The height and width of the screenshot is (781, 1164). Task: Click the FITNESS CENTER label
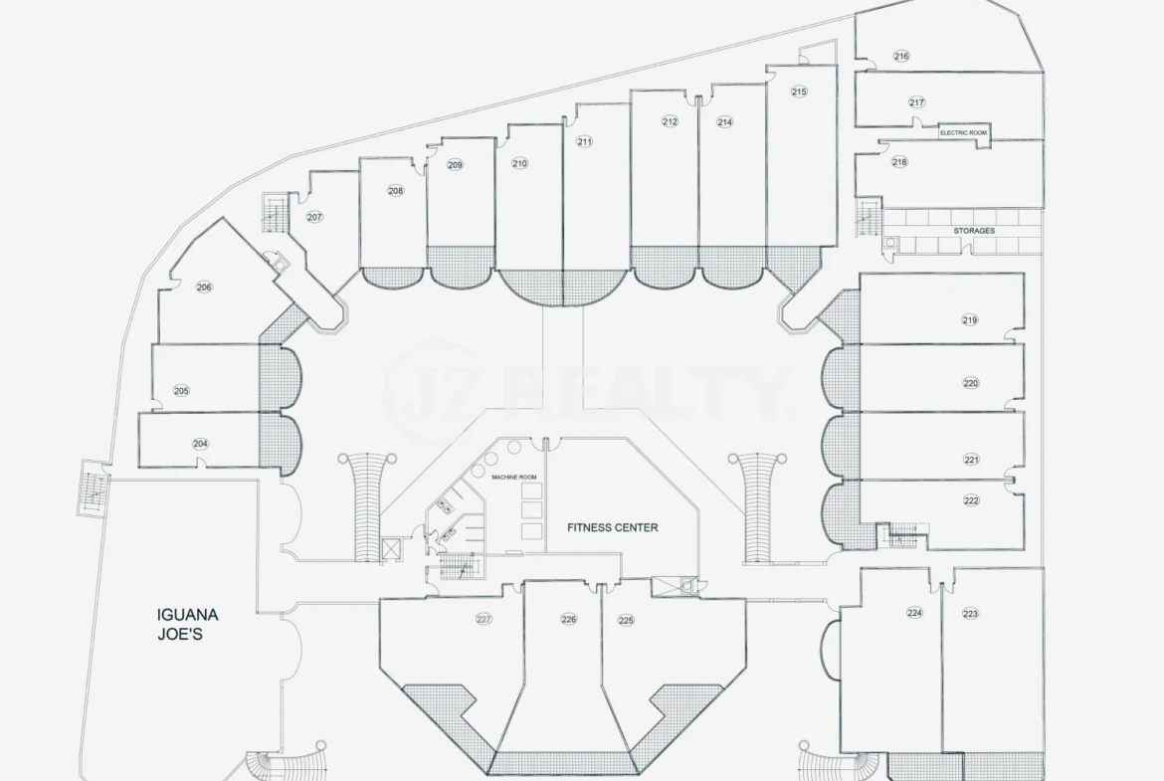613,528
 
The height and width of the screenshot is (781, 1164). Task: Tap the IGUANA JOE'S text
188,625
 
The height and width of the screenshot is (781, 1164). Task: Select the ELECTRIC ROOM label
964,133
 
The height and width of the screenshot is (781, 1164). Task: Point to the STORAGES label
974,231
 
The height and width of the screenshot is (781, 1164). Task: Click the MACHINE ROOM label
513,478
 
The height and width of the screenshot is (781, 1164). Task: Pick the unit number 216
901,56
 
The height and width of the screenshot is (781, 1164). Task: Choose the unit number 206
204,288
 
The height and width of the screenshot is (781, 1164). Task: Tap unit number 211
584,141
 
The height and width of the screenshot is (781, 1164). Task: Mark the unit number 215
799,93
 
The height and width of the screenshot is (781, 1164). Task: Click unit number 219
970,320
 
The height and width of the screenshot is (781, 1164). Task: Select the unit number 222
971,500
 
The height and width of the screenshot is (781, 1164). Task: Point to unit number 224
914,613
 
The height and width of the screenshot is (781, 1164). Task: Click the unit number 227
485,619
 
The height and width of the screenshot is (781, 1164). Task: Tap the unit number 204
200,444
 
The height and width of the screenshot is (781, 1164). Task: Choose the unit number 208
396,191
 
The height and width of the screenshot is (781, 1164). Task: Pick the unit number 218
899,162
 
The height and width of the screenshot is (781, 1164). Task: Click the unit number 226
569,619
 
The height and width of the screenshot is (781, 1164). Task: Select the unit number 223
970,613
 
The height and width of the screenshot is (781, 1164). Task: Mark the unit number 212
670,121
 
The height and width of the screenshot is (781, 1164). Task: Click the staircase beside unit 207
275,212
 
